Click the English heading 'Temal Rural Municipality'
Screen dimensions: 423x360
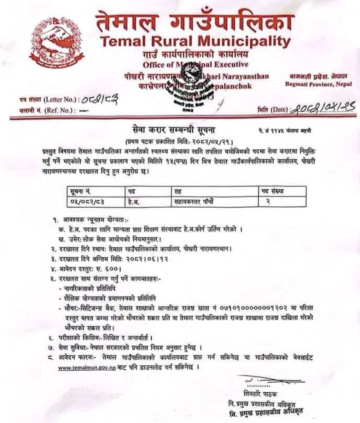(194, 41)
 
